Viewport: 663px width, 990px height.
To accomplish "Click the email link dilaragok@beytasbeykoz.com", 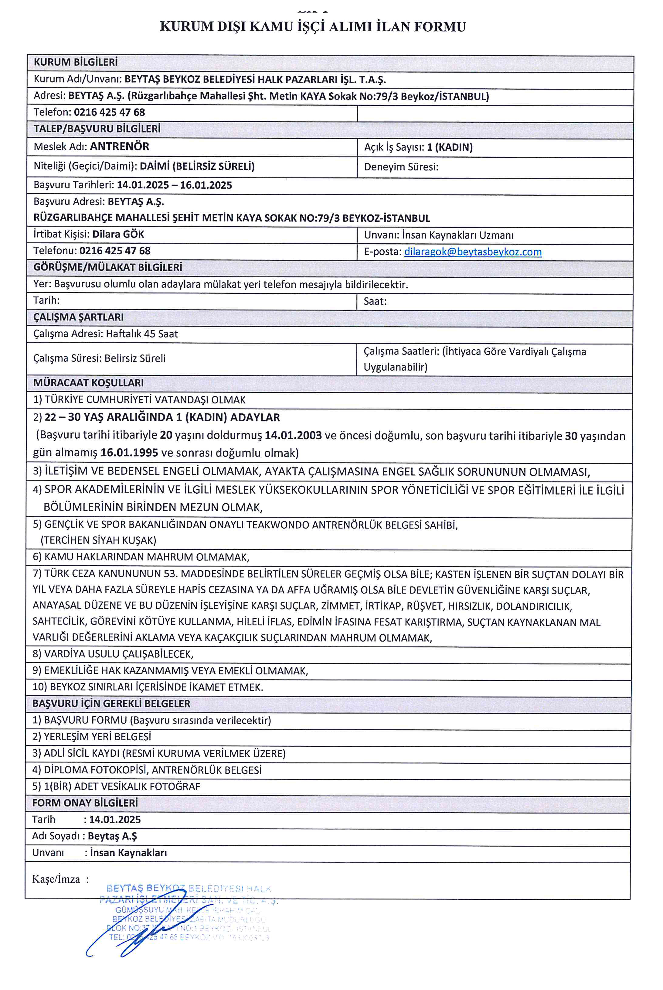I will click(x=473, y=252).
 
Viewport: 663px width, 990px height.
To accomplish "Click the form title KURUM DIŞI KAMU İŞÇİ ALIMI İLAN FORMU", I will click(x=313, y=27).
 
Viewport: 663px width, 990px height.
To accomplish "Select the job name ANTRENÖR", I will click(x=120, y=146).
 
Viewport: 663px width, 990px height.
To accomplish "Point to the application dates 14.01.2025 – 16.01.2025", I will click(x=174, y=185).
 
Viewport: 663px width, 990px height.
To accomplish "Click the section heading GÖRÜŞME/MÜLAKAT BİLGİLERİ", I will click(x=108, y=267).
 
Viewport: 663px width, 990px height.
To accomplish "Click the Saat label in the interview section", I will click(x=375, y=301).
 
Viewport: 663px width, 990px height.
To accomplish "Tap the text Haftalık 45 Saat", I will click(x=142, y=334).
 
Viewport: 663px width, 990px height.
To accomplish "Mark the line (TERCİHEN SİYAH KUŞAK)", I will click(x=99, y=540).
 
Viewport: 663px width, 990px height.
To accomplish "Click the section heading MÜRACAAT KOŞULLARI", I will click(x=88, y=383).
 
